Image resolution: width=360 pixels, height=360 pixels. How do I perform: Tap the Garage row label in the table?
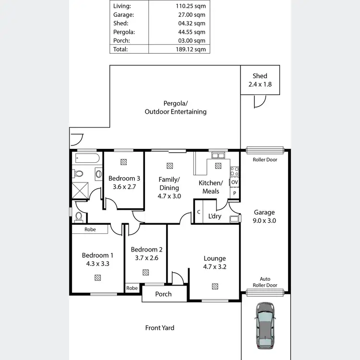click(x=123, y=14)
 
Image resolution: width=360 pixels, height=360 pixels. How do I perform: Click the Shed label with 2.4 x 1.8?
click(x=260, y=80)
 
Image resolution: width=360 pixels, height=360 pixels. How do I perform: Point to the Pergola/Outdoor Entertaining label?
click(x=176, y=108)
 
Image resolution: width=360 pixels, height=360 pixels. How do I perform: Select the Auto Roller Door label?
click(x=265, y=282)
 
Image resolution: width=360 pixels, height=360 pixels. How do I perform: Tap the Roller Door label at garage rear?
click(x=265, y=159)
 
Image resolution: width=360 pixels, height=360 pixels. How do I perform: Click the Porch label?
click(x=163, y=294)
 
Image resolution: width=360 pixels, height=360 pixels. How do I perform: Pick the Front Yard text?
click(x=160, y=328)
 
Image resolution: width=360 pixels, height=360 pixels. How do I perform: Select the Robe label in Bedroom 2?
click(x=132, y=288)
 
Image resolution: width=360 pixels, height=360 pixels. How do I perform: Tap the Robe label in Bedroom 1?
click(x=90, y=229)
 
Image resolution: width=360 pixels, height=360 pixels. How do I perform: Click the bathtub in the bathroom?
click(x=87, y=158)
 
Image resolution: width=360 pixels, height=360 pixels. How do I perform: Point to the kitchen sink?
click(x=218, y=156)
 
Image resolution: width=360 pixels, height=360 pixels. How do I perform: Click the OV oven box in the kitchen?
click(x=234, y=182)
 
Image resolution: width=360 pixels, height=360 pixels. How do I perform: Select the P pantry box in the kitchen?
click(x=234, y=193)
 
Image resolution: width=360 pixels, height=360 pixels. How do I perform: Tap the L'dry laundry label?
click(x=214, y=216)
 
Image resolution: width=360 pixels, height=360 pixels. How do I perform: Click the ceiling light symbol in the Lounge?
click(x=215, y=287)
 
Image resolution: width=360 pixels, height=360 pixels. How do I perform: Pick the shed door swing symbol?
click(x=259, y=101)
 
